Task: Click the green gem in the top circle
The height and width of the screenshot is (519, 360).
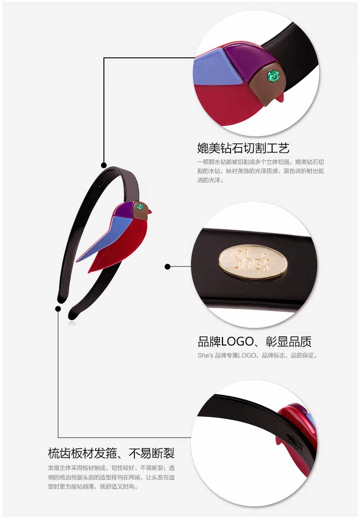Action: pyautogui.click(x=273, y=74)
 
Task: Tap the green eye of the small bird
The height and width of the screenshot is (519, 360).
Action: pyautogui.click(x=140, y=207)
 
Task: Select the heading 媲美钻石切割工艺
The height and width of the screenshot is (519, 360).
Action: pyautogui.click(x=243, y=148)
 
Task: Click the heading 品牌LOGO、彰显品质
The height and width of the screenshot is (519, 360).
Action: pyautogui.click(x=255, y=341)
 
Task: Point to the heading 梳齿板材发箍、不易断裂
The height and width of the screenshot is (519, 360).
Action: pyautogui.click(x=111, y=453)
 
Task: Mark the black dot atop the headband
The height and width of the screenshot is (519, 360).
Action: pyautogui.click(x=104, y=165)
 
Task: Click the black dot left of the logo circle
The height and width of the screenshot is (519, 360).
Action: pyautogui.click(x=167, y=266)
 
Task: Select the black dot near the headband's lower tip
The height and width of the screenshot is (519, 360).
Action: pyautogui.click(x=58, y=309)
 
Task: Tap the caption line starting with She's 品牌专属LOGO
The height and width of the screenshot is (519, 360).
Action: pyautogui.click(x=257, y=355)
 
